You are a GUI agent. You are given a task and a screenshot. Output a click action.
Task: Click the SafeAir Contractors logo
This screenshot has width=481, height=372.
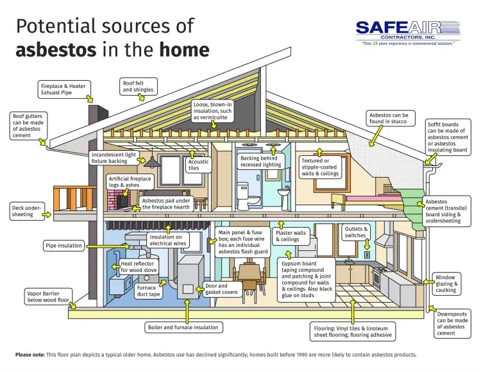click(x=408, y=31)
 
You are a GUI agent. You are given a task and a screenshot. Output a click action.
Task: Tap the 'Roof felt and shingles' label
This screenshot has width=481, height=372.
click(x=138, y=86)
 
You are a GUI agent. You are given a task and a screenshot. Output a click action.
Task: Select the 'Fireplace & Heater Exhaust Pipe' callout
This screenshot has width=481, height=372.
click(x=63, y=89)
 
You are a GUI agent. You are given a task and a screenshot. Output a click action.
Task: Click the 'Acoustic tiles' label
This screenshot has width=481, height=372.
click(x=198, y=165)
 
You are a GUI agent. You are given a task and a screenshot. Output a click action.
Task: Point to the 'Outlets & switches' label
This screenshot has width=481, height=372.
click(x=356, y=232)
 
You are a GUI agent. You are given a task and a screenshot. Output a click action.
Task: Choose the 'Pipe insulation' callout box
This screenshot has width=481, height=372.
click(x=63, y=246)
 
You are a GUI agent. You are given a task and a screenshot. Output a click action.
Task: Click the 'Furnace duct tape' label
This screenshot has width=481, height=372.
click(x=146, y=292)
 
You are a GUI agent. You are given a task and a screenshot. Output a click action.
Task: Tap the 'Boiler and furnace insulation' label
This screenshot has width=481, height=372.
click(x=183, y=327)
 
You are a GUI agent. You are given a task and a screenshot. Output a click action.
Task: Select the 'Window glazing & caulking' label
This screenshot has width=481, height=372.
click(x=446, y=283)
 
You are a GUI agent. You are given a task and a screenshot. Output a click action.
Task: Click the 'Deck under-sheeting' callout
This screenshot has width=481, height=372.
click(x=26, y=211)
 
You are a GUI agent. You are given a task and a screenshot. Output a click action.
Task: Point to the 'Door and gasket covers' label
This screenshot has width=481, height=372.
click(x=221, y=289)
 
